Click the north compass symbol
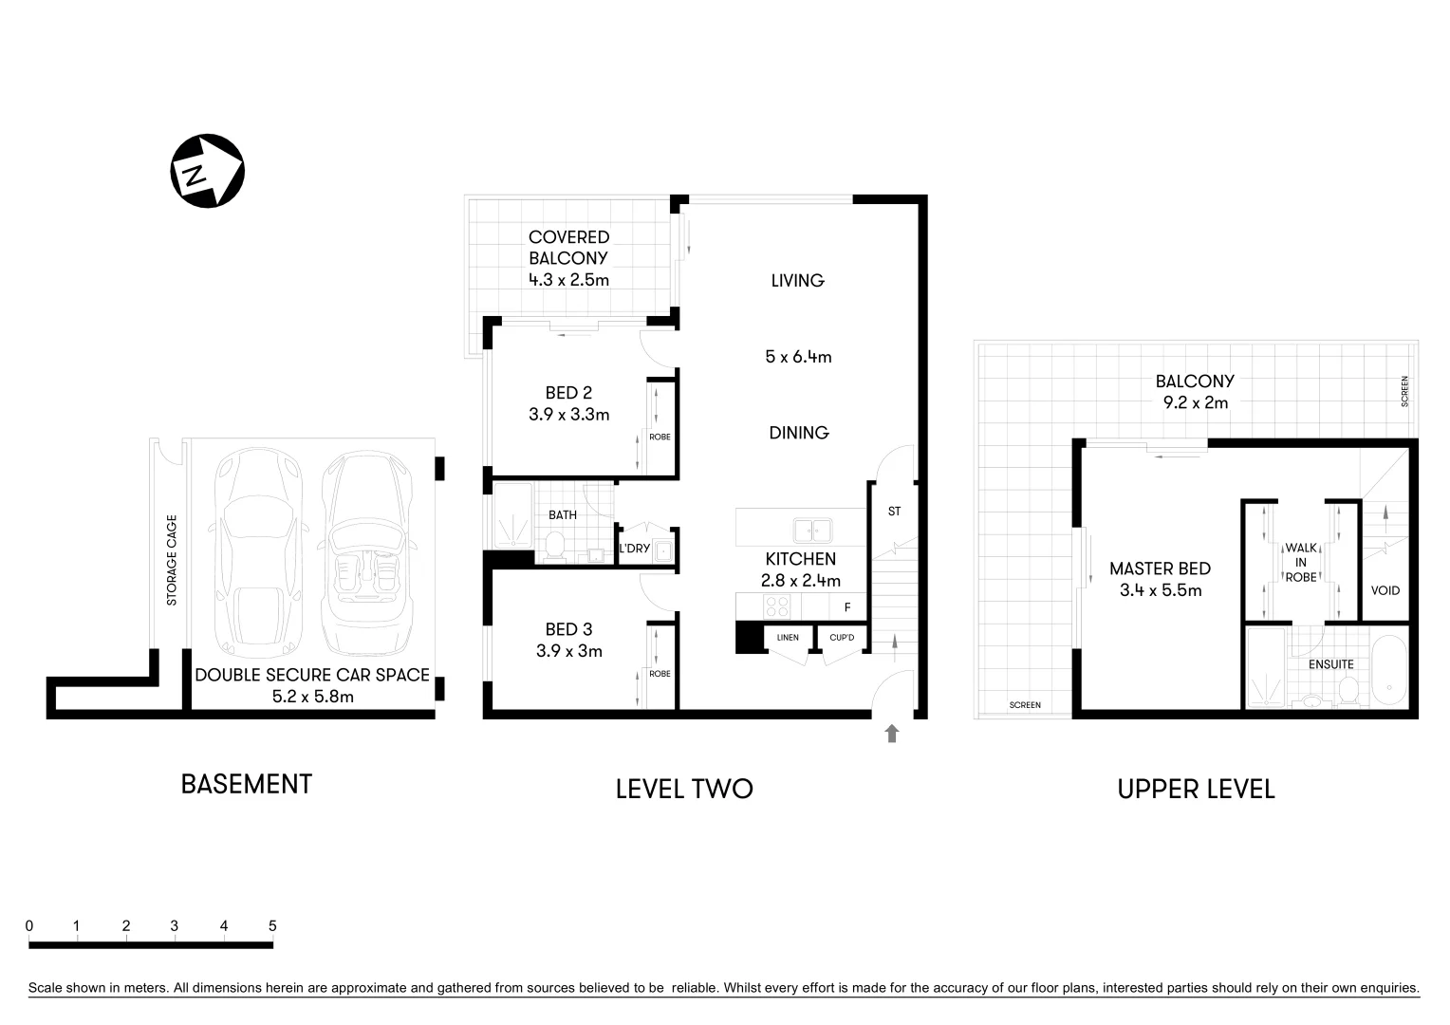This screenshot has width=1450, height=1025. pos(207,171)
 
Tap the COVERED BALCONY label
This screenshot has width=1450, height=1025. pos(568,247)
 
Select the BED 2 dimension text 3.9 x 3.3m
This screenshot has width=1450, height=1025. pos(568,415)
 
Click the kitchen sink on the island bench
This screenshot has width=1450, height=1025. pos(812,530)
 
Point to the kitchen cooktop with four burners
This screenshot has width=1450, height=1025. pos(776,605)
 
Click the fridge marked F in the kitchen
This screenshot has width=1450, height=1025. pos(847,606)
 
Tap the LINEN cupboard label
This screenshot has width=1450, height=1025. pos(787,638)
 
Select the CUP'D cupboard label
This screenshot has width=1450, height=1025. pos(842,638)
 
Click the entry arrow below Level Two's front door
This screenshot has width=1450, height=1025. pos(891,733)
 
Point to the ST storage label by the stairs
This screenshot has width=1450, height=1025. pos(894,512)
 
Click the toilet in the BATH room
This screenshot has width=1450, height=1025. pos(555,546)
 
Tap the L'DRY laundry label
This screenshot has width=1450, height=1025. pos(634,549)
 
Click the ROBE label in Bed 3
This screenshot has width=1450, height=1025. pos(660,674)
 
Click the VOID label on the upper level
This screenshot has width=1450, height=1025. pos(1385,590)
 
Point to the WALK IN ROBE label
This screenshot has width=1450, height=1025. pos(1300,562)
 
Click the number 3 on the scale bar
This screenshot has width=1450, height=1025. pos(175,926)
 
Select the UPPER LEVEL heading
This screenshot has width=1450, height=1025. pos(1195,789)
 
